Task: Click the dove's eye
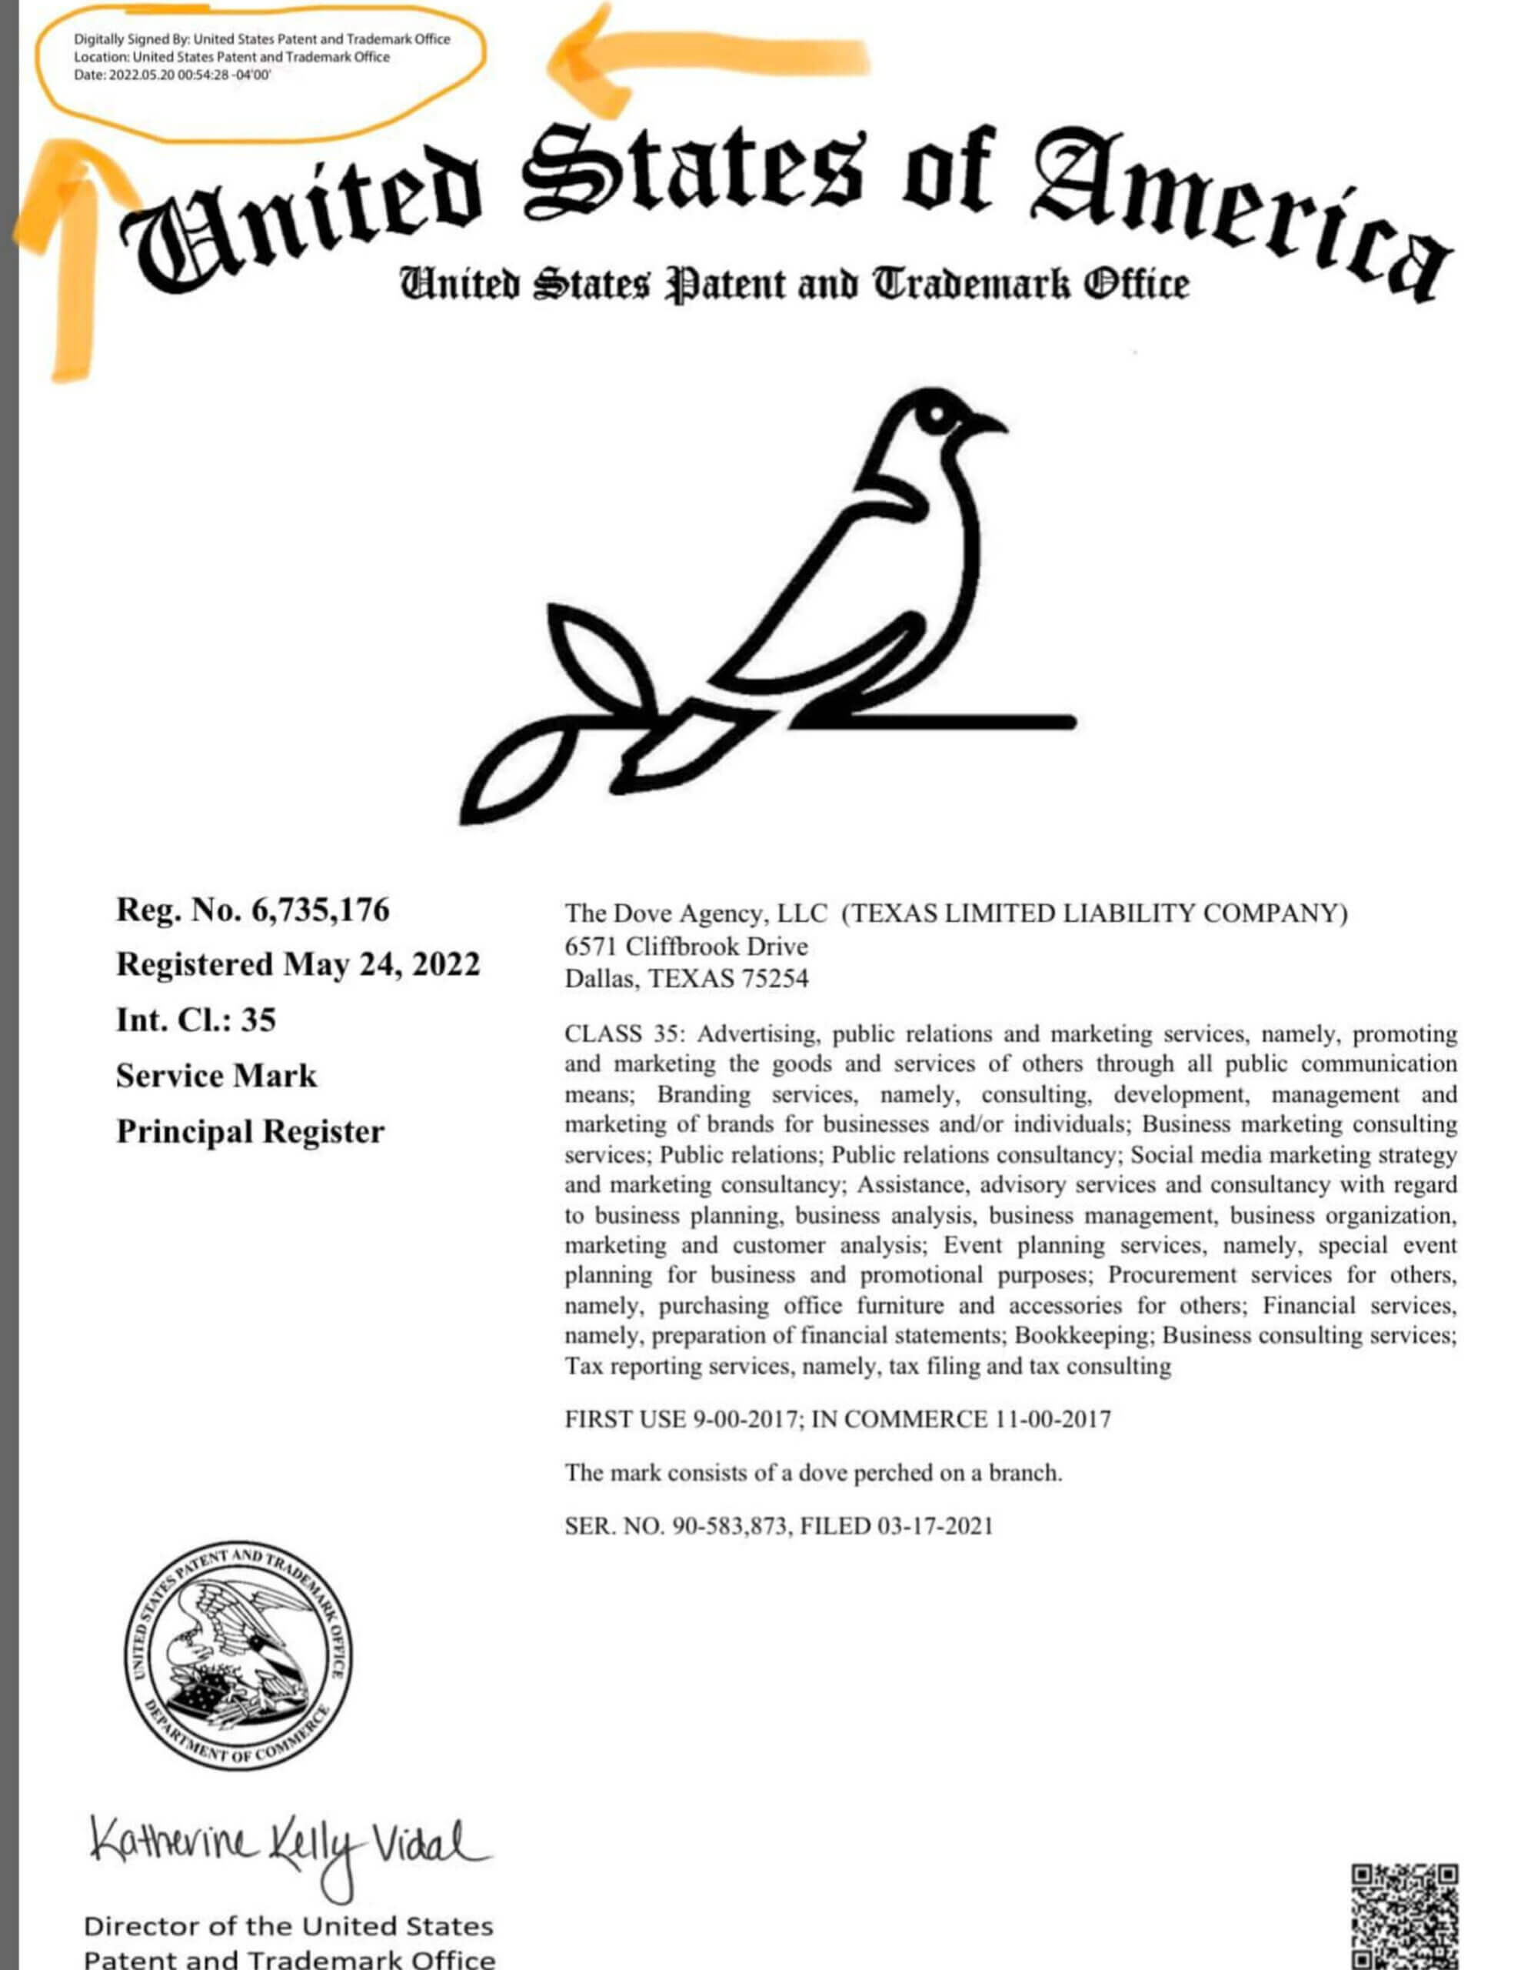[936, 415]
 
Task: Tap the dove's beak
[988, 422]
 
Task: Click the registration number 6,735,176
[320, 910]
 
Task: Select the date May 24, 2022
[381, 964]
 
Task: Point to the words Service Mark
[216, 1075]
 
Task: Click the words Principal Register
[250, 1131]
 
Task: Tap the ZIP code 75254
[774, 979]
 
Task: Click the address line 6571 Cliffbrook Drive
[686, 947]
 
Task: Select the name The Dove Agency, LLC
[695, 913]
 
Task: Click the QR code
[1404, 1917]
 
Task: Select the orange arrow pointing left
[704, 58]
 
